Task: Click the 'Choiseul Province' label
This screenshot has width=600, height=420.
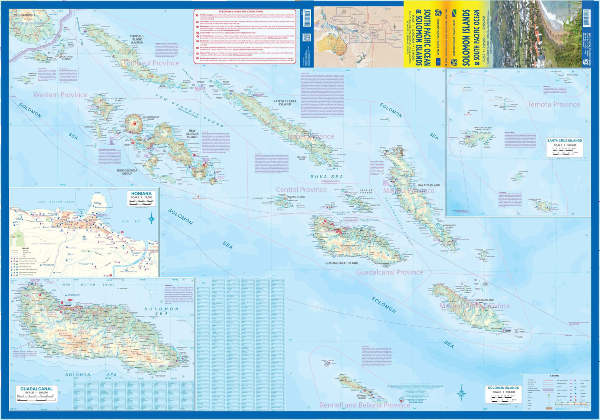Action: (x=152, y=63)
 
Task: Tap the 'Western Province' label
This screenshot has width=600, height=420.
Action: (x=60, y=95)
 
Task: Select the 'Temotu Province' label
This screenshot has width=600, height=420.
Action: (x=553, y=104)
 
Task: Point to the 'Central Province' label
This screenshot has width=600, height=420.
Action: (x=301, y=190)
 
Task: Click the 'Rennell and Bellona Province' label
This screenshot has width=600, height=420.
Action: (x=365, y=405)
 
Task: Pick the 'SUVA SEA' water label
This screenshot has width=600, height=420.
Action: (x=326, y=176)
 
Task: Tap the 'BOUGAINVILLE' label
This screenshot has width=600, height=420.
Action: (x=25, y=15)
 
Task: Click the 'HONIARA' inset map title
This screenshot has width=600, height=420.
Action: (x=141, y=194)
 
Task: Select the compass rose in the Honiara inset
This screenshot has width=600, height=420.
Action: (x=152, y=218)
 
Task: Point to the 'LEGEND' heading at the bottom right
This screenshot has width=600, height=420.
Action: (x=554, y=376)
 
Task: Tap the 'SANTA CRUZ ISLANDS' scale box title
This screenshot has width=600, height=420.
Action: (x=564, y=141)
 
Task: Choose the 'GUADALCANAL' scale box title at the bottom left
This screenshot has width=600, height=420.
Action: (x=36, y=389)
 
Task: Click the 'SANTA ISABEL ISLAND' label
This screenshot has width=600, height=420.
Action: (x=285, y=103)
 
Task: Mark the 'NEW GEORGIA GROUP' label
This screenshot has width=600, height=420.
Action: (x=127, y=172)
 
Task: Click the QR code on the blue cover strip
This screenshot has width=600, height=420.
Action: (x=307, y=38)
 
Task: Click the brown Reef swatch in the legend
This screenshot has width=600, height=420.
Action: (x=549, y=408)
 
